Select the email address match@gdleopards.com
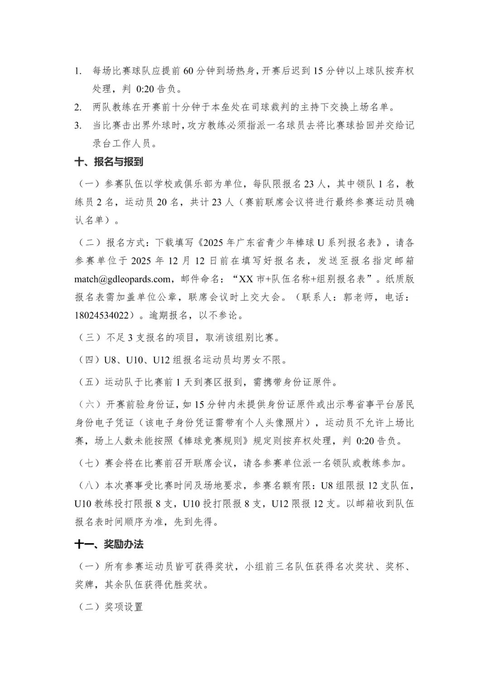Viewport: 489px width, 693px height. pyautogui.click(x=123, y=279)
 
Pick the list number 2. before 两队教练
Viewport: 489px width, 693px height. pyautogui.click(x=78, y=107)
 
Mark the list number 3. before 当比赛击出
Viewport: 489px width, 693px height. pyautogui.click(x=78, y=126)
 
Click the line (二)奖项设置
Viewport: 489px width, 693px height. pyautogui.click(x=109, y=606)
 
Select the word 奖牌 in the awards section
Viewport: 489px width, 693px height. pyautogui.click(x=84, y=585)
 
